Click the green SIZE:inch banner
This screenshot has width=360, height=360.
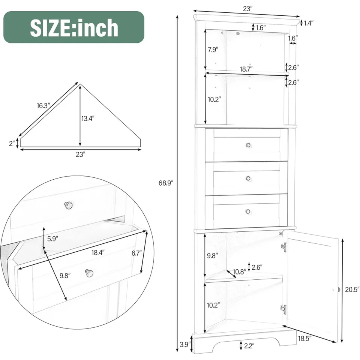pyautogui.click(x=74, y=27)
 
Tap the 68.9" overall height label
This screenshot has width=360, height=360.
pyautogui.click(x=166, y=183)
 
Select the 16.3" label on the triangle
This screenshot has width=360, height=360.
pyautogui.click(x=43, y=106)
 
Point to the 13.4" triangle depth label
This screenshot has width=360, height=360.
pyautogui.click(x=88, y=118)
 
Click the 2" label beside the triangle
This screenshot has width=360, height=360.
pyautogui.click(x=12, y=144)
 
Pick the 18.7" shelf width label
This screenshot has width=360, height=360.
pyautogui.click(x=246, y=69)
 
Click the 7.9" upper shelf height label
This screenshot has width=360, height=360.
pyautogui.click(x=213, y=49)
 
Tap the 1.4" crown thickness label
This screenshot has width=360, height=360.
pyautogui.click(x=309, y=23)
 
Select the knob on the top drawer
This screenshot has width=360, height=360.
pyautogui.click(x=248, y=145)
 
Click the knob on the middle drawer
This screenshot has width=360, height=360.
pyautogui.click(x=248, y=178)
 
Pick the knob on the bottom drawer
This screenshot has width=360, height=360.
pyautogui.click(x=248, y=211)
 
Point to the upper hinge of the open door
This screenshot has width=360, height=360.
pyautogui.click(x=284, y=247)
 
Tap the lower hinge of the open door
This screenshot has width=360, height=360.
pyautogui.click(x=283, y=309)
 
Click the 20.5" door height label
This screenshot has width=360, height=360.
pyautogui.click(x=352, y=290)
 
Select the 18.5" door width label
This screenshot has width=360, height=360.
pyautogui.click(x=305, y=338)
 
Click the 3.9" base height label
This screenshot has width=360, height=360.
pyautogui.click(x=185, y=344)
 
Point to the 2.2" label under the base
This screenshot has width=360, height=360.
pyautogui.click(x=249, y=345)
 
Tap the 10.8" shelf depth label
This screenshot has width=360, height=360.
pyautogui.click(x=240, y=272)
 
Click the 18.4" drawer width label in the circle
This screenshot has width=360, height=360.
pyautogui.click(x=98, y=252)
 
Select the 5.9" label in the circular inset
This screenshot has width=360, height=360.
pyautogui.click(x=52, y=239)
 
